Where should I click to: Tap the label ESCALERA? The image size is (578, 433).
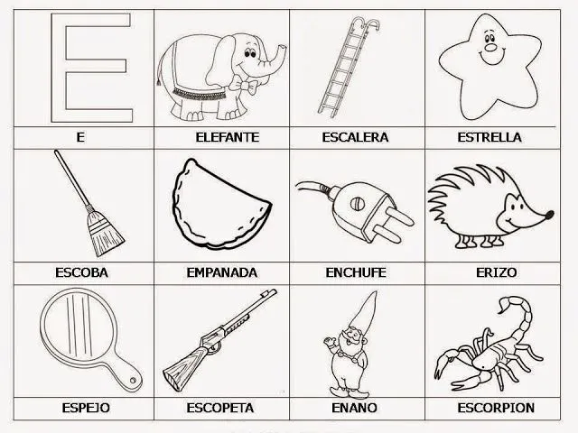[x=355, y=137]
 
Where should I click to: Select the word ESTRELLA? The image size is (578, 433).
[x=489, y=137]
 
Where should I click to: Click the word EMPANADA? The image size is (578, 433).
[x=221, y=272]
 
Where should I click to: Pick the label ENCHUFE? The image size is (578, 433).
[x=355, y=272]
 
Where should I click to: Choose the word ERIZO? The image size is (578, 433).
[x=489, y=272]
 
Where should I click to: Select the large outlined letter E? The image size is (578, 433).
[x=86, y=67]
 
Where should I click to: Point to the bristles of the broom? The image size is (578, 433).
[x=107, y=236]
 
